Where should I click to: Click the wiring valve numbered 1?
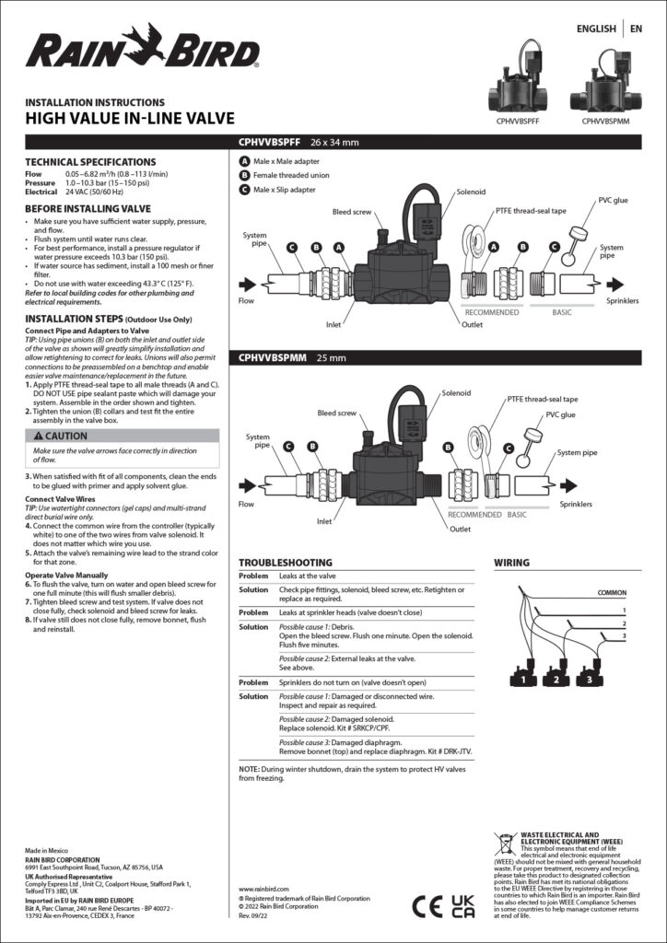522,681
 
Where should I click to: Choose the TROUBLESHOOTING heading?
286,562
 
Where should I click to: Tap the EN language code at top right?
637,29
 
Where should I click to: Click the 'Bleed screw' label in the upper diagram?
352,212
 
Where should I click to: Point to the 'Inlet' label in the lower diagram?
323,521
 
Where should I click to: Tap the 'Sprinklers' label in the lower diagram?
575,505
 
